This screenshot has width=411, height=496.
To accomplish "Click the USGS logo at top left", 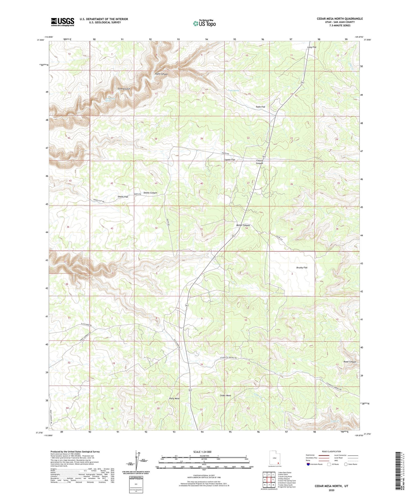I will (62, 22).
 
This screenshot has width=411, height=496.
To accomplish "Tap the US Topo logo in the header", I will (204, 24).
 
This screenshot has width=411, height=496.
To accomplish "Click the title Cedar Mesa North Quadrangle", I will (340, 19).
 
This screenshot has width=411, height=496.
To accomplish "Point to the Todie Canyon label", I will (161, 74).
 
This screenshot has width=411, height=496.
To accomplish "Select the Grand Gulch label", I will (124, 89).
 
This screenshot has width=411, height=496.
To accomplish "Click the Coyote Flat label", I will (229, 160).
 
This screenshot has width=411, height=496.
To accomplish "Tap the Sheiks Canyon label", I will (150, 193).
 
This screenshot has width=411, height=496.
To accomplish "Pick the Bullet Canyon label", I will (243, 225).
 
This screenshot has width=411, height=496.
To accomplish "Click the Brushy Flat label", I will (301, 268).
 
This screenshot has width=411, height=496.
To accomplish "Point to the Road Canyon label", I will (350, 362).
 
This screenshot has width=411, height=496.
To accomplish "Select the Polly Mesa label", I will (174, 399).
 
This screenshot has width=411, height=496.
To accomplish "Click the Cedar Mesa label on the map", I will (225, 395).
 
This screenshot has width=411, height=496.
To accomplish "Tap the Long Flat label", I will (312, 47).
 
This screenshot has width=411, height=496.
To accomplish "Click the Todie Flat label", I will (260, 107).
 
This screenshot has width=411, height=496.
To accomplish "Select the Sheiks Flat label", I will (123, 197).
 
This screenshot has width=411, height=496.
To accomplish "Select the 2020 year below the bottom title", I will (331, 490).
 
